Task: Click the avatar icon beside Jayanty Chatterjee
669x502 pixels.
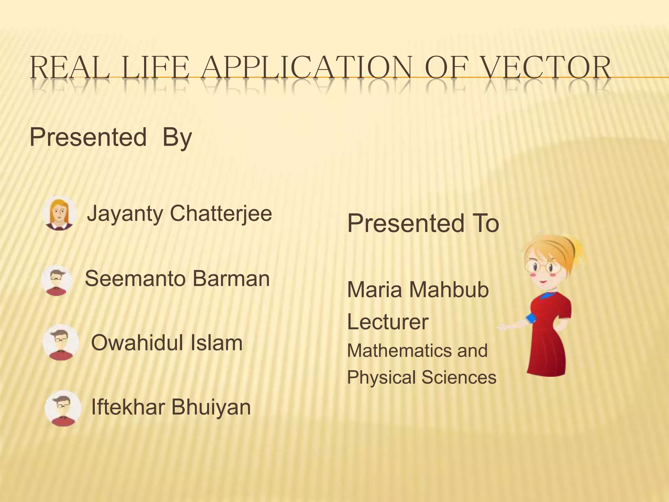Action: (59, 213)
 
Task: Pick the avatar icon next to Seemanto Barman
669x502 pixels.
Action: (56, 280)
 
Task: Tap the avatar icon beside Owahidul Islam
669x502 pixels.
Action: (61, 342)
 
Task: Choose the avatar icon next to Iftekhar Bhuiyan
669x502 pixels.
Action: (63, 408)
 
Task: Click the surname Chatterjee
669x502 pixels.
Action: (221, 213)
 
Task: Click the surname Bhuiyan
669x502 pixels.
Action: (211, 407)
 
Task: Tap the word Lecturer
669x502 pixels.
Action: (388, 322)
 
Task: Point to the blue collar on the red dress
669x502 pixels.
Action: (548, 295)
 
